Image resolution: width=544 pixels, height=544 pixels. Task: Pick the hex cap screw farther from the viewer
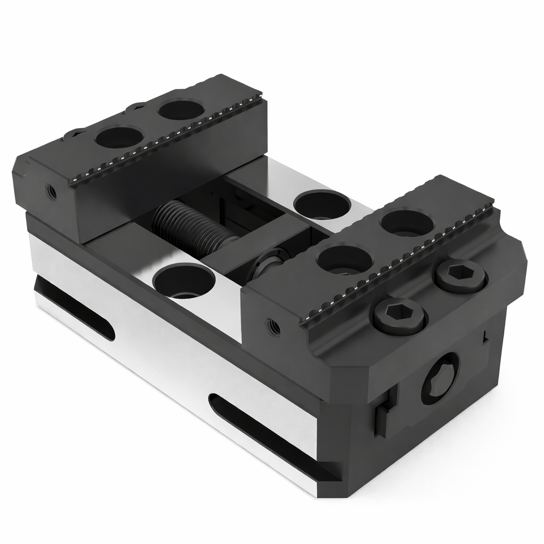click(461, 276)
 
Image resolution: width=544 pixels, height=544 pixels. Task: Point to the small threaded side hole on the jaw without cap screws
click(52, 192)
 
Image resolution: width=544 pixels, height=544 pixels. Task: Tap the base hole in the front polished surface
click(184, 280)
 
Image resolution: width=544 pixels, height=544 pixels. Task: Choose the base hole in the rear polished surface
click(322, 204)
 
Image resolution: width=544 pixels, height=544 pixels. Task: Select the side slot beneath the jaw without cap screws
click(74, 309)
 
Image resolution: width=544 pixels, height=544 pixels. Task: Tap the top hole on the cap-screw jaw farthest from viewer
click(407, 222)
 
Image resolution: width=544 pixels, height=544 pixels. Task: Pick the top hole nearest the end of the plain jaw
click(120, 137)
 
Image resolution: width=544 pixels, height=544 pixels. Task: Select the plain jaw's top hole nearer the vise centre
click(182, 109)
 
